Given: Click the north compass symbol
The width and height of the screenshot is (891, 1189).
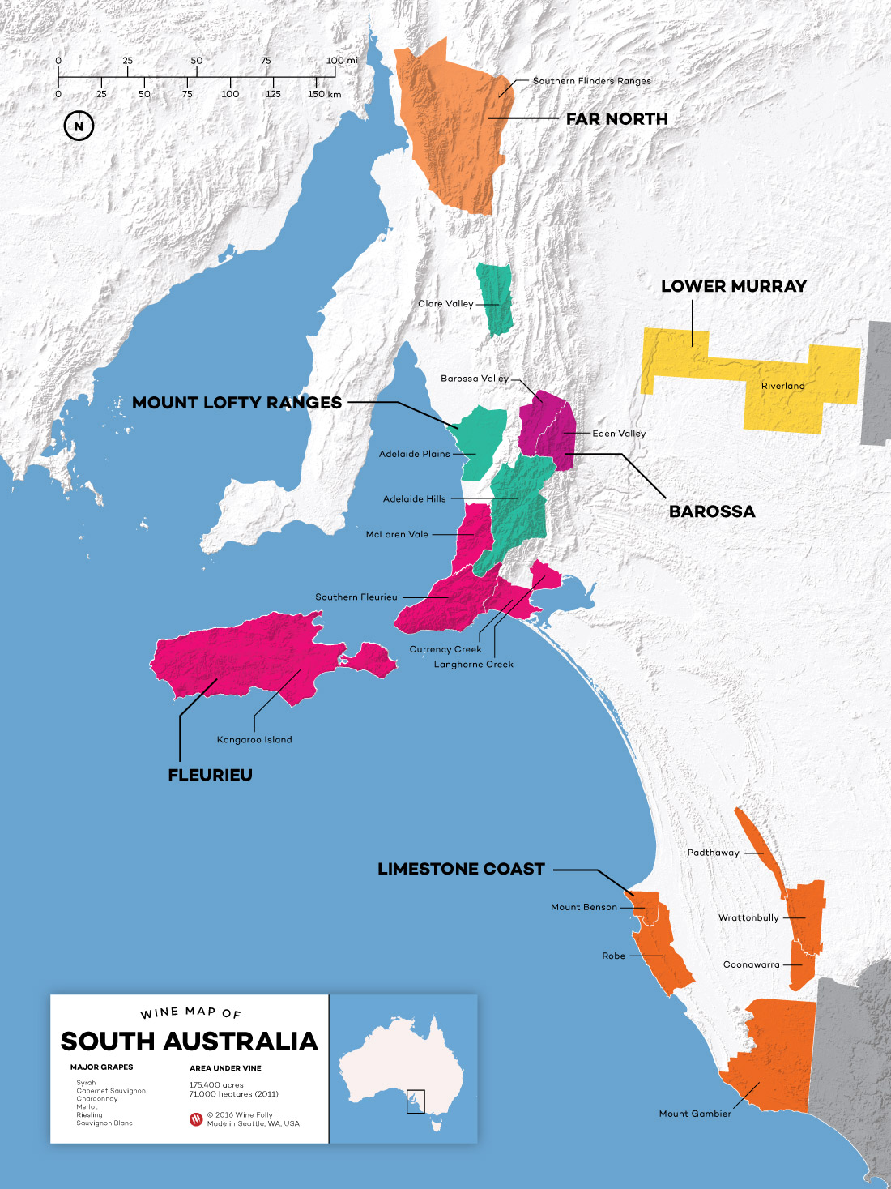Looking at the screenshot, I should pyautogui.click(x=79, y=126).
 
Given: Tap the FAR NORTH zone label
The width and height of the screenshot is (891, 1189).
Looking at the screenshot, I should pyautogui.click(x=616, y=118).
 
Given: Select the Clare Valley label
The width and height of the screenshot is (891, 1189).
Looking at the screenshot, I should pyautogui.click(x=446, y=304).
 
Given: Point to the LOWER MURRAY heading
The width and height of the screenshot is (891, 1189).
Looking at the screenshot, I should pyautogui.click(x=733, y=286).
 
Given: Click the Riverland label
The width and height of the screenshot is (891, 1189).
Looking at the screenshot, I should pyautogui.click(x=782, y=386).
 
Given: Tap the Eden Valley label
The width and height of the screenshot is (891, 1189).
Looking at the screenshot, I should pyautogui.click(x=619, y=434).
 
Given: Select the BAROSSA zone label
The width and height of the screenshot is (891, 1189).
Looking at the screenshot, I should pyautogui.click(x=711, y=511).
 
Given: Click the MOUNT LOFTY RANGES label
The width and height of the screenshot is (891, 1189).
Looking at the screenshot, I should pyautogui.click(x=237, y=403).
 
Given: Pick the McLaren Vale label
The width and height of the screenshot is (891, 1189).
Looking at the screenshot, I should pyautogui.click(x=397, y=535).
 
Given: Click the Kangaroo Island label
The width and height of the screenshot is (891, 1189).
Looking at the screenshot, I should pyautogui.click(x=254, y=740).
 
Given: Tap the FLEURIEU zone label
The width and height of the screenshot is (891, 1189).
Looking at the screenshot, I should pyautogui.click(x=210, y=775).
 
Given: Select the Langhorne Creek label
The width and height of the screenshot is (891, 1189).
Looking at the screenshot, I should pyautogui.click(x=473, y=665).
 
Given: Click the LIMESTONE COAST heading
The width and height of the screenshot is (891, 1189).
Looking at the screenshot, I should pyautogui.click(x=461, y=869).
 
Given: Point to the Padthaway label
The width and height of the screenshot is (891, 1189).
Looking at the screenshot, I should pyautogui.click(x=713, y=853).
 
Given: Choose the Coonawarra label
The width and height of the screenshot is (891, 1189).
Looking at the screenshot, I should pyautogui.click(x=751, y=965).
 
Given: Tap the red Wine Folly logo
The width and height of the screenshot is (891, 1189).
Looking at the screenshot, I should pyautogui.click(x=196, y=1119).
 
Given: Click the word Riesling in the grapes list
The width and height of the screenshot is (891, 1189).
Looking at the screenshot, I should pyautogui.click(x=89, y=1115).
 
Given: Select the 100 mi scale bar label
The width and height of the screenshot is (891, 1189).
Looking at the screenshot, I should pyautogui.click(x=341, y=61).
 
